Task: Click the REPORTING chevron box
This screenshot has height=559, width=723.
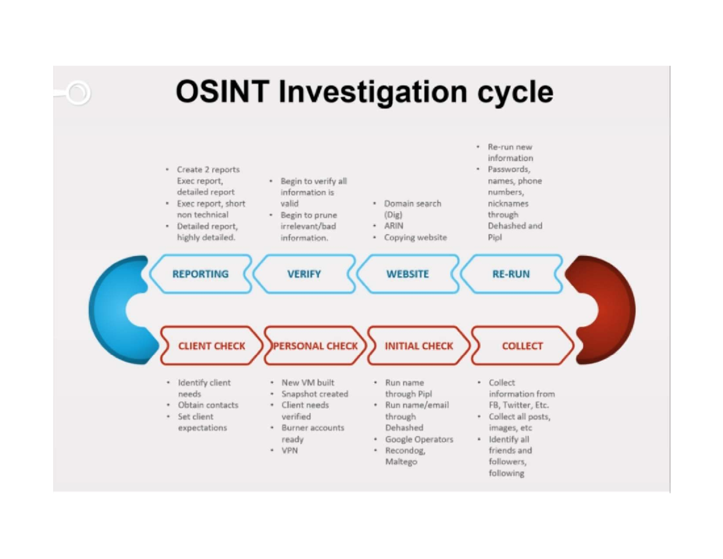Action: [x=201, y=274]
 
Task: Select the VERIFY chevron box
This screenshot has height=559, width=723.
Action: [x=304, y=274]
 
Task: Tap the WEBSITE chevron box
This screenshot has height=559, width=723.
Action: [x=408, y=274]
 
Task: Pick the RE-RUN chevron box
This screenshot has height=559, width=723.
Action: [x=511, y=274]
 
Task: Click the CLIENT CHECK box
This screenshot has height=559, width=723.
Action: [x=211, y=346]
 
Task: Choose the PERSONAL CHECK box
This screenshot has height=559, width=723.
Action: [x=315, y=346]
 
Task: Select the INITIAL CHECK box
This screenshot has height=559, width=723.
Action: [x=419, y=346]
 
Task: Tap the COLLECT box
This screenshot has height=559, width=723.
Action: [x=522, y=346]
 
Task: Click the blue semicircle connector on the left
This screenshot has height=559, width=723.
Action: [x=108, y=309]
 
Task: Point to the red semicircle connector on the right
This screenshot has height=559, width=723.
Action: [x=615, y=309]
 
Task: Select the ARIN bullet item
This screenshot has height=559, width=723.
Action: [x=393, y=226]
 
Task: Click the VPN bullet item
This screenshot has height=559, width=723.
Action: [x=289, y=450]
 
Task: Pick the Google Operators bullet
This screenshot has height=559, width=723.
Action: [x=419, y=439]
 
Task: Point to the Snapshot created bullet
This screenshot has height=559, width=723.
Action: [x=315, y=394]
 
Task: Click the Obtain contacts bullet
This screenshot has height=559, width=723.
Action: [x=208, y=405]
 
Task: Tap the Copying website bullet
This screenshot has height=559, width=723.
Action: [x=415, y=238]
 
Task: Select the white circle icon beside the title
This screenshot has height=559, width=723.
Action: [x=78, y=93]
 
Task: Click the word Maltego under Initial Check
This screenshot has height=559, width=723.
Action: [x=401, y=462]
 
